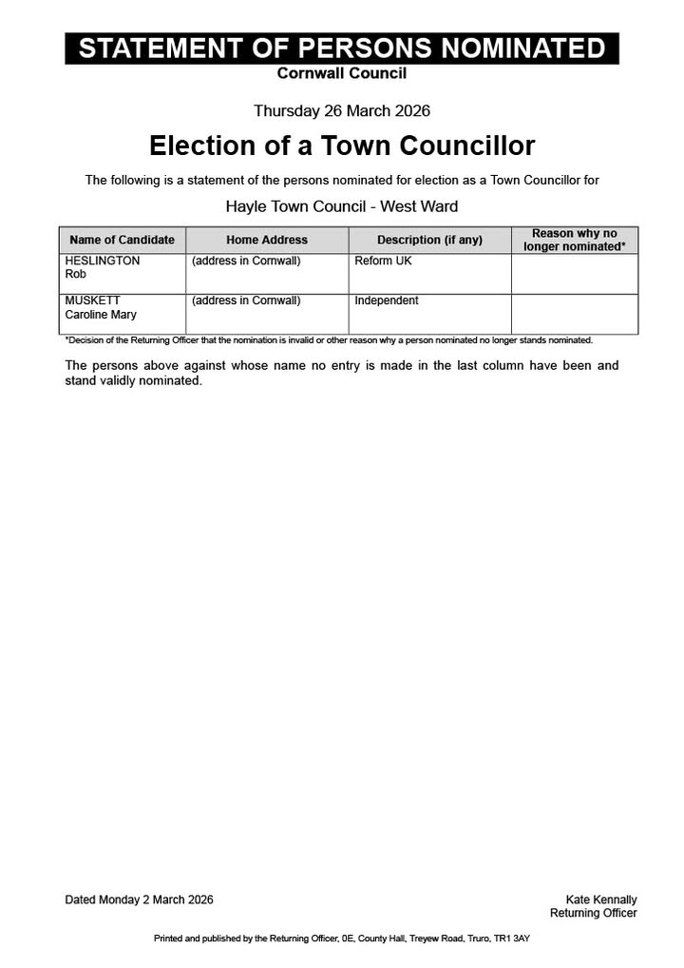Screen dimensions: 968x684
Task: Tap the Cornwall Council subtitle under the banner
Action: (x=342, y=73)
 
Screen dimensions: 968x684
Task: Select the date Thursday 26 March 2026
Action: (x=342, y=111)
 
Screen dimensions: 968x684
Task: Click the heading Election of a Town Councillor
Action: (x=342, y=145)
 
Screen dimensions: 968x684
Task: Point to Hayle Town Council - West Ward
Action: (x=342, y=206)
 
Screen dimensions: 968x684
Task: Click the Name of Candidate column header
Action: (x=123, y=241)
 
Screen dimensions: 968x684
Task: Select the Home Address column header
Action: (x=267, y=241)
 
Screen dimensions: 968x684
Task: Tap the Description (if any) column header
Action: (x=429, y=241)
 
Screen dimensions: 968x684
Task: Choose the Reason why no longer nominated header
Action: (x=574, y=240)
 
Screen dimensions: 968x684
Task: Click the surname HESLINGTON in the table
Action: (x=103, y=261)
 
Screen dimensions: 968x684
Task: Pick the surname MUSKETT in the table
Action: (x=93, y=300)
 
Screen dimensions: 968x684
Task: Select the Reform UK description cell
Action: (x=383, y=261)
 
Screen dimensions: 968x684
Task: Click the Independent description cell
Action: (x=387, y=300)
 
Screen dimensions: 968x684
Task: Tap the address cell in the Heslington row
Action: (x=246, y=261)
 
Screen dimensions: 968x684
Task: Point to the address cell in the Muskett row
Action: (x=246, y=300)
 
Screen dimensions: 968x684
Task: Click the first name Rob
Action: (x=75, y=274)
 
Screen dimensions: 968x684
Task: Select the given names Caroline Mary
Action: (x=101, y=315)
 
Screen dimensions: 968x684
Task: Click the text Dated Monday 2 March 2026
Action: (x=139, y=900)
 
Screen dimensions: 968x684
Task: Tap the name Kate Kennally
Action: (x=601, y=900)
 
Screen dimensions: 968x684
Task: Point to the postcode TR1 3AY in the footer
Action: (x=512, y=939)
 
